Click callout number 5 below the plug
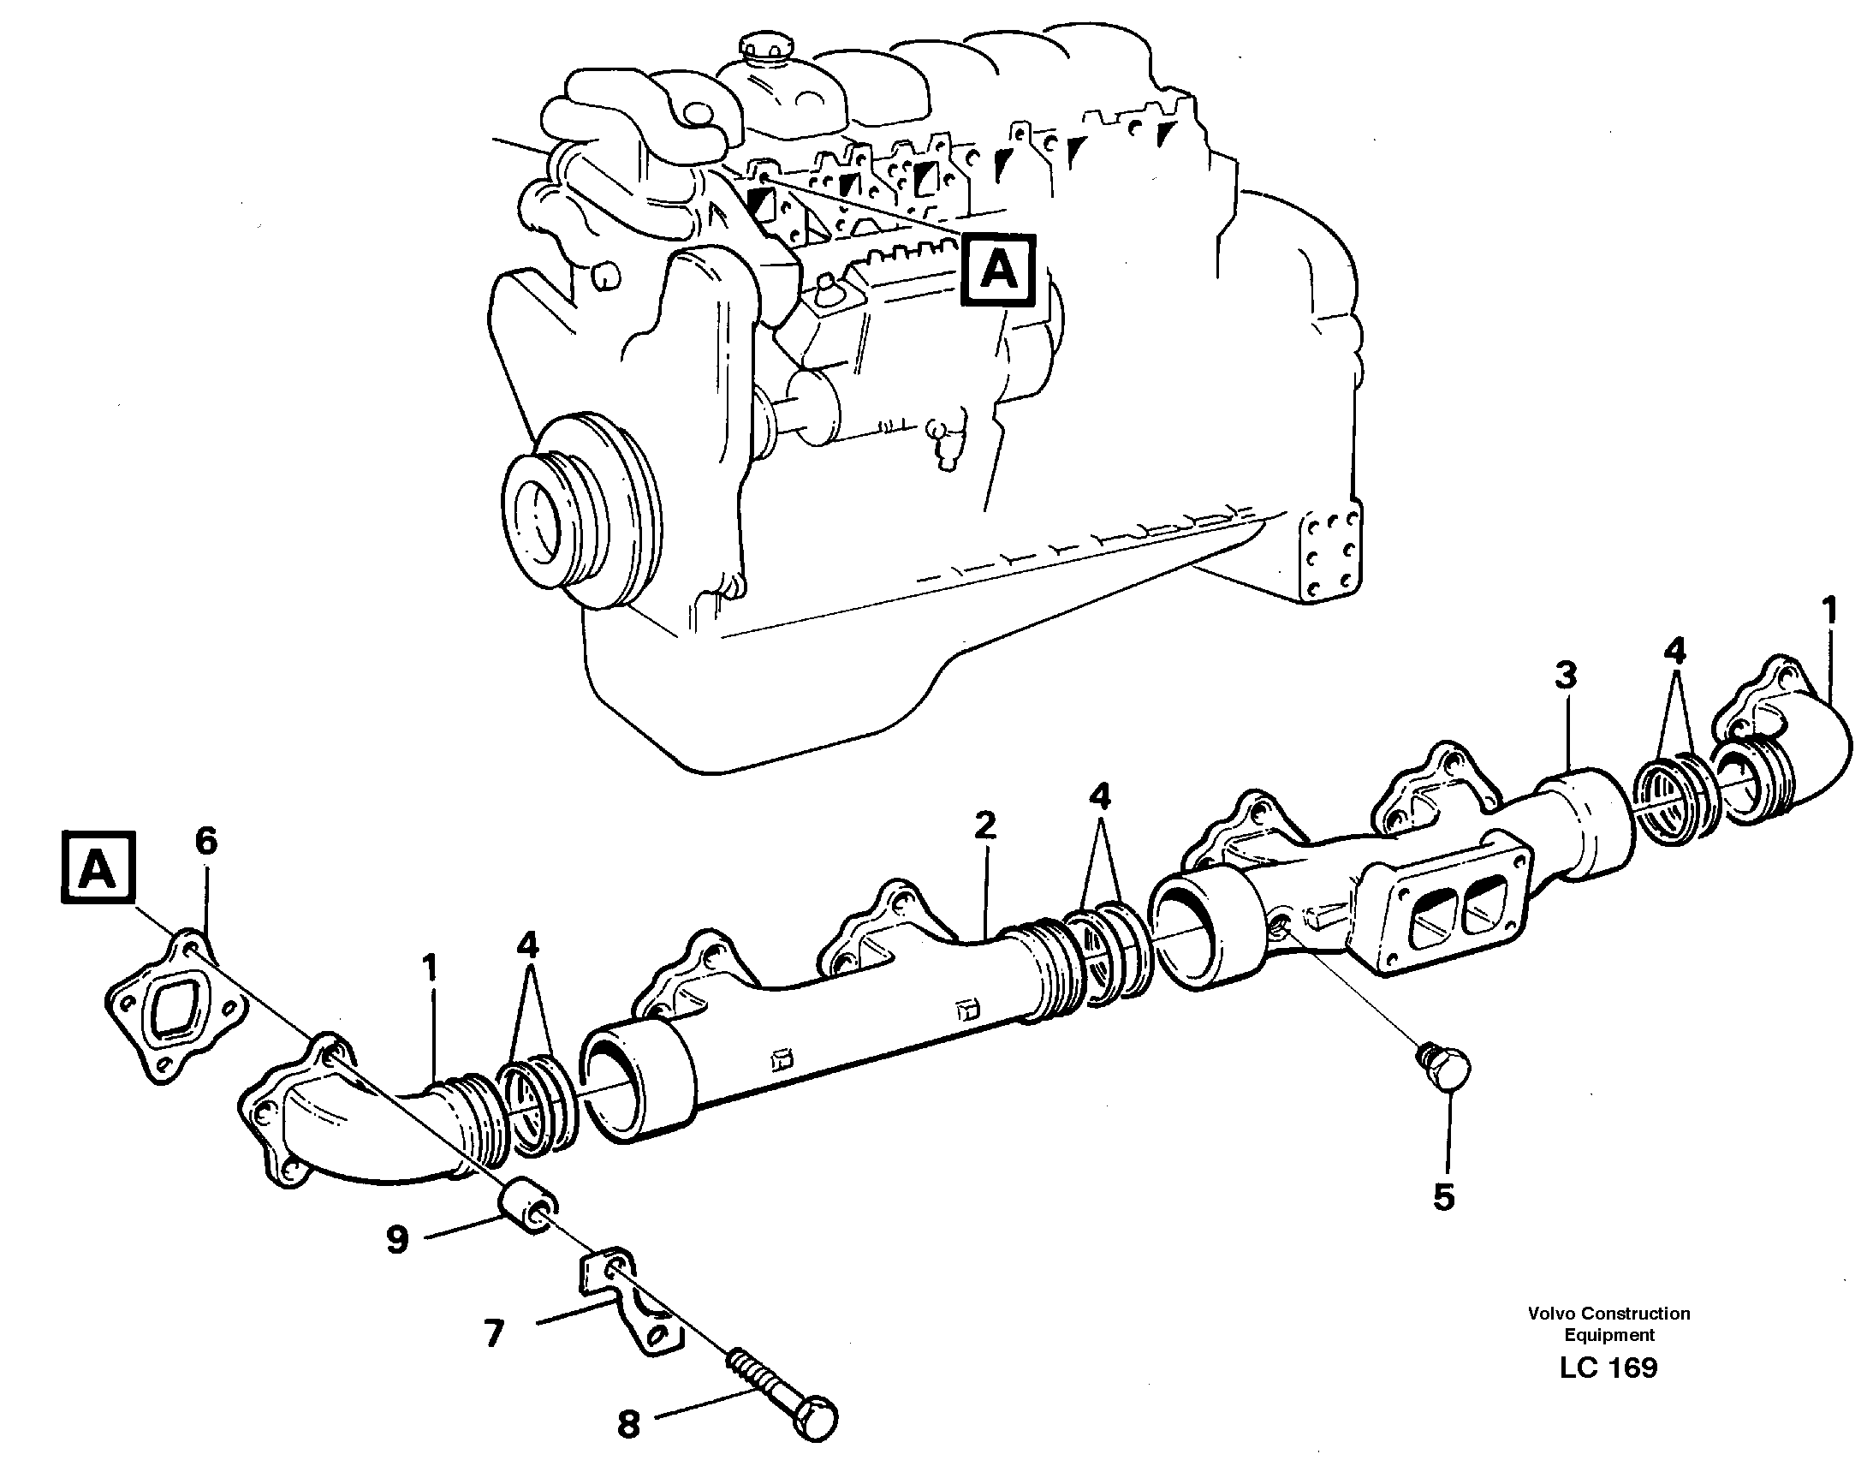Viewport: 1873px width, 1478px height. tap(1443, 1198)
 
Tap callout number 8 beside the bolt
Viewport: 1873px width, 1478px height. tap(628, 1423)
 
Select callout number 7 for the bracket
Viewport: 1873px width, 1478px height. tap(493, 1333)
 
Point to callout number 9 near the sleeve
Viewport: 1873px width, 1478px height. tap(397, 1240)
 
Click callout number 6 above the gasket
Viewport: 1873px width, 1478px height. tap(206, 840)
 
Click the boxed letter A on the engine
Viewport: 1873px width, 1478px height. tap(998, 271)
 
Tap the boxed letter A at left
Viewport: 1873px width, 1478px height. tap(98, 868)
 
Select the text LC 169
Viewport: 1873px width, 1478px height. tap(1608, 1368)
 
